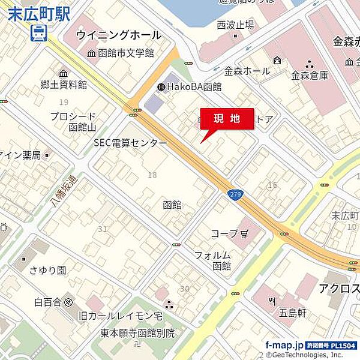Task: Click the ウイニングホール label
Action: tap(119, 35)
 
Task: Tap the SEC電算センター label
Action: tap(130, 143)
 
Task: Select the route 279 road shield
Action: tap(235, 196)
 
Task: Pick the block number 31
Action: tap(103, 229)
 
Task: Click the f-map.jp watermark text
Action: tap(284, 345)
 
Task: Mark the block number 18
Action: tap(152, 175)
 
